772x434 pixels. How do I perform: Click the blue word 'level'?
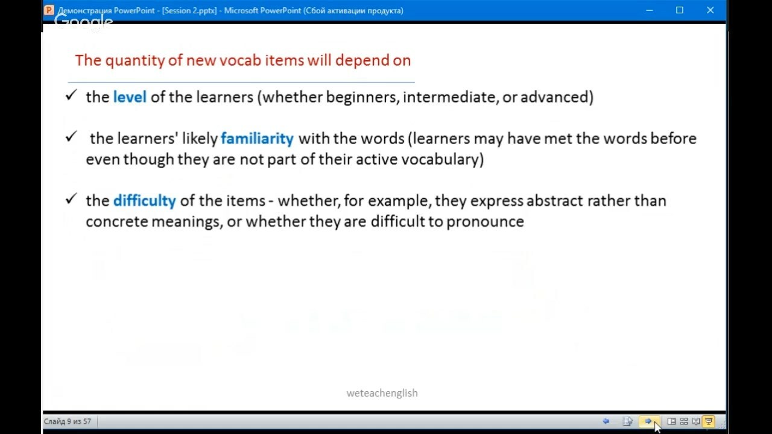pyautogui.click(x=130, y=97)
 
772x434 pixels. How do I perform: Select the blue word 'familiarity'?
pyautogui.click(x=257, y=139)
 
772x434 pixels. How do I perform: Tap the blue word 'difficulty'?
pyautogui.click(x=144, y=201)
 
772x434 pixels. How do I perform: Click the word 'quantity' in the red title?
pyautogui.click(x=135, y=61)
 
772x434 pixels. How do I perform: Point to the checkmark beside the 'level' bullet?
pyautogui.click(x=71, y=95)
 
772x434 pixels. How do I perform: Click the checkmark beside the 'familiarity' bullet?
pyautogui.click(x=71, y=136)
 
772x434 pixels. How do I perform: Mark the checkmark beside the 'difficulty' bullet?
pyautogui.click(x=71, y=198)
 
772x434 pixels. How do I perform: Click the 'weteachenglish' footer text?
pyautogui.click(x=382, y=393)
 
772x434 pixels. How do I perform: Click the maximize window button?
pyautogui.click(x=679, y=10)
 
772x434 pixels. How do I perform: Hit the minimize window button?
pyautogui.click(x=650, y=10)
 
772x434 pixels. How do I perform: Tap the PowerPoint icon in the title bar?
pyautogui.click(x=49, y=10)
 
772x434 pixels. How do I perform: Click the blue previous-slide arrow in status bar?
pyautogui.click(x=606, y=421)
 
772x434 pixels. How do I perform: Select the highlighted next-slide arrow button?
pyautogui.click(x=649, y=421)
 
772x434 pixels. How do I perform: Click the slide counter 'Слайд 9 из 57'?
pyautogui.click(x=67, y=421)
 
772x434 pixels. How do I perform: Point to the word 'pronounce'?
pyautogui.click(x=485, y=222)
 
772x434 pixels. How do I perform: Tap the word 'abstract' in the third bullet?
pyautogui.click(x=554, y=201)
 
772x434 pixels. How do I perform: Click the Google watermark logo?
pyautogui.click(x=84, y=22)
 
